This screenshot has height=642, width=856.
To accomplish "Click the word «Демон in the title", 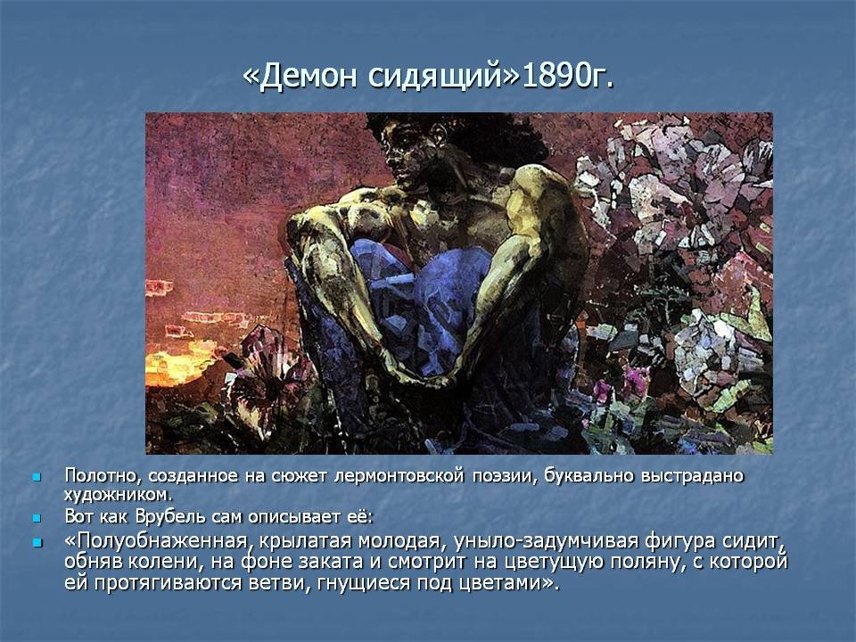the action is point(300,76).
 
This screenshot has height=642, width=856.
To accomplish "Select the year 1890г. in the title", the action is point(568,76).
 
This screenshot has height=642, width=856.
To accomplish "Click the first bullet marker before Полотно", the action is point(37,477).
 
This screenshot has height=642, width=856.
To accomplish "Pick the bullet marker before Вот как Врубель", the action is point(37,517).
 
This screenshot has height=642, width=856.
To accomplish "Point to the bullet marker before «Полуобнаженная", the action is point(37,543).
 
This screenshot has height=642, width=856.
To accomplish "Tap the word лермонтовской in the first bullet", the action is point(399,475).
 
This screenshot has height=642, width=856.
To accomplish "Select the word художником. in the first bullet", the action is point(118,495).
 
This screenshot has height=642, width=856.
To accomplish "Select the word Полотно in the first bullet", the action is point(102,475).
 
